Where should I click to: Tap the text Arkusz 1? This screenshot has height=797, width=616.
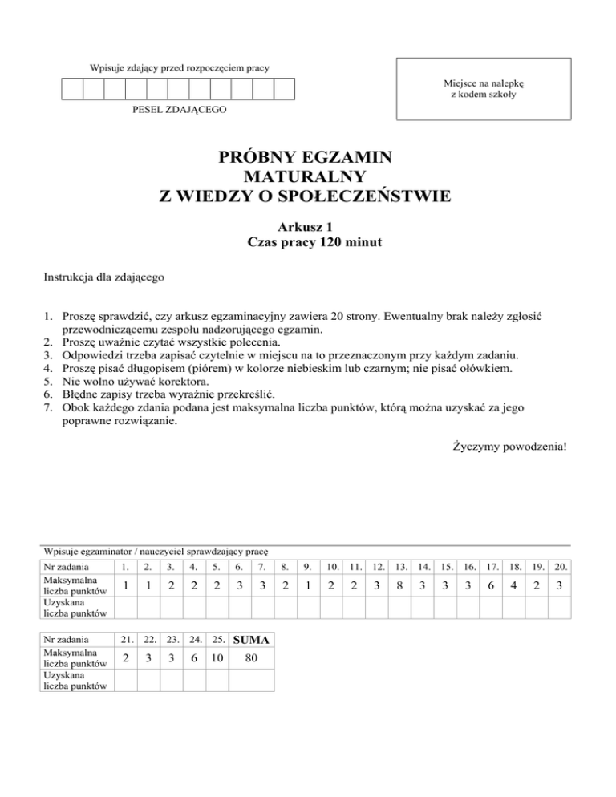click(307, 227)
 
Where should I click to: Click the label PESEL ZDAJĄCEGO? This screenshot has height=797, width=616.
click(179, 107)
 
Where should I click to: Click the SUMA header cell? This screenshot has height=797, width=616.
click(251, 640)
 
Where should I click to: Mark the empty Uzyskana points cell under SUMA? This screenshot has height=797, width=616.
click(251, 680)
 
